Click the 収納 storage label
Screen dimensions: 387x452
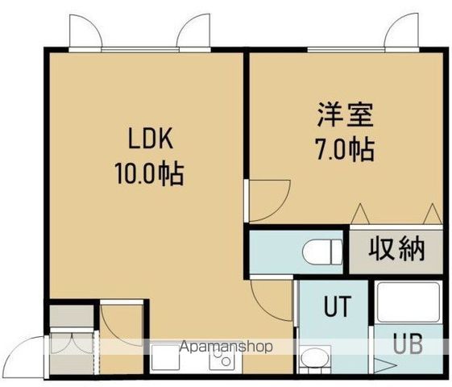[396, 250]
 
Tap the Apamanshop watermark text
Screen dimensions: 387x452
[225, 347]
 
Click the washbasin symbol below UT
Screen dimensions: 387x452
[313, 358]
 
